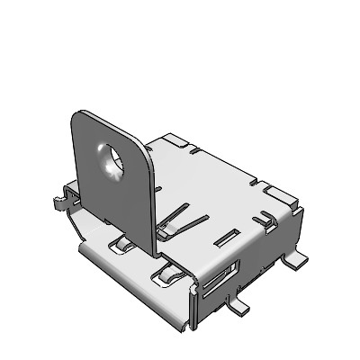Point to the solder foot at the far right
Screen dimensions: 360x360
click(296, 260)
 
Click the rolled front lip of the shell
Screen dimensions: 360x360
click(135, 270)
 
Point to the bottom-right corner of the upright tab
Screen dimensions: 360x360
click(153, 248)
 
